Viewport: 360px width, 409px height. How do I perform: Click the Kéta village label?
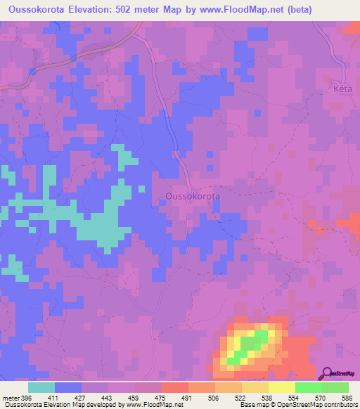[x=340, y=91]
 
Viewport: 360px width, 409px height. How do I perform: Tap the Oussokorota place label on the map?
[x=192, y=196]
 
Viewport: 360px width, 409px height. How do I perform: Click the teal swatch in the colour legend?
[x=41, y=388]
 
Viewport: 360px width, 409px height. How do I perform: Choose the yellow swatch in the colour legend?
[x=281, y=388]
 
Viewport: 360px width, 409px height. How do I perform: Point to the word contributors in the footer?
[x=339, y=404]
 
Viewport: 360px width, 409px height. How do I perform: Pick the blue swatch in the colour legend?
[x=67, y=388]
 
